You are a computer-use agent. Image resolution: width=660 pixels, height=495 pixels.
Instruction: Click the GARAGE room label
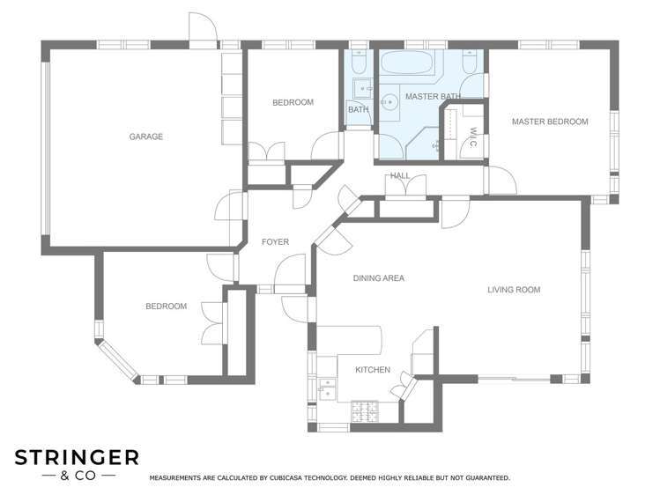coord(146,137)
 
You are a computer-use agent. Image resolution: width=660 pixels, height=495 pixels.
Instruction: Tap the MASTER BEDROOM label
coord(550,122)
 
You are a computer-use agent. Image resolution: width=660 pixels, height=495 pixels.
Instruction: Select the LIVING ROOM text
coord(514,290)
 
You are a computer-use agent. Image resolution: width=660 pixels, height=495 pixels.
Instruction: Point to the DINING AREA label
coord(378,278)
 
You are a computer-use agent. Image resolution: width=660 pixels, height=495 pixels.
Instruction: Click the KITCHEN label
coord(372,370)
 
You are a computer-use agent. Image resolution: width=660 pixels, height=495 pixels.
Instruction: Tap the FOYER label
coord(275,242)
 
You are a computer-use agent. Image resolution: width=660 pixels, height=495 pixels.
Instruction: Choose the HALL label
coord(400,175)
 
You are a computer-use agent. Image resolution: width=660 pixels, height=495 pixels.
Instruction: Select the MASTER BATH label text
coord(433,96)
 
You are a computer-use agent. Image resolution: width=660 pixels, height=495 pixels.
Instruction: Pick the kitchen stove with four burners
coord(364,410)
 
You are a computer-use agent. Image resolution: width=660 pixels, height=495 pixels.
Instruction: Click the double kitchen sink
coord(327,388)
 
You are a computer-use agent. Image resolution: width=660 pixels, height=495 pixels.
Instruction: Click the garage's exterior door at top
coord(204,30)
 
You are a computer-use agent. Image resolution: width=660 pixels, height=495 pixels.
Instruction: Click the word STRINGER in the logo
coord(77,457)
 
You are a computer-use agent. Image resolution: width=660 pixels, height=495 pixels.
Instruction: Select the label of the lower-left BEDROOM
coord(166,307)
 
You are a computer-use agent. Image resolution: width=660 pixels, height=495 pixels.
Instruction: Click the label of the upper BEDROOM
coord(293,103)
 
